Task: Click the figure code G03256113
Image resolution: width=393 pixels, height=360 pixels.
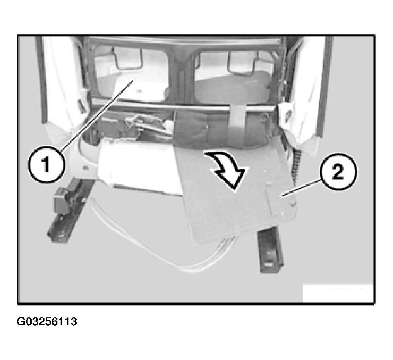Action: [x=47, y=321]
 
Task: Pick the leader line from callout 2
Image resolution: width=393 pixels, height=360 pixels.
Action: [x=302, y=188]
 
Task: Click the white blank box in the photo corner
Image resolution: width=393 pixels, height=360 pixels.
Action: [x=338, y=293]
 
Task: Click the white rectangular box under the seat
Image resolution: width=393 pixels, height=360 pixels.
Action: [x=139, y=166]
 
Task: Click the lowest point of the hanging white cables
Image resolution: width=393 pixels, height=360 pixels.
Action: [x=188, y=271]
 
